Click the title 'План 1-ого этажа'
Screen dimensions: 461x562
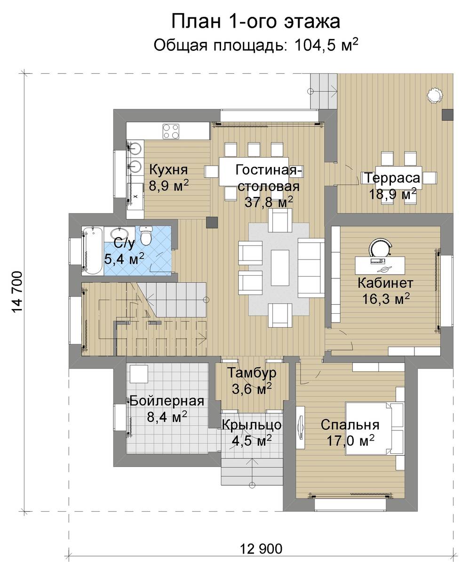click(x=255, y=22)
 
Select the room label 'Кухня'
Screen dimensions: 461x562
click(x=168, y=169)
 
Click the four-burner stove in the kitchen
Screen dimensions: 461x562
click(x=171, y=131)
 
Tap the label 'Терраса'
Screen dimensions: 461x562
click(x=392, y=178)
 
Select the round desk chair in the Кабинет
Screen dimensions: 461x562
click(x=381, y=248)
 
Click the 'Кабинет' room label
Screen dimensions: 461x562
click(x=385, y=283)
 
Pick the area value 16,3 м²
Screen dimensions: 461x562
click(x=386, y=299)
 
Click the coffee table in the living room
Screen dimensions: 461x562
click(x=280, y=268)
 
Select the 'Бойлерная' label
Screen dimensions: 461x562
click(x=167, y=400)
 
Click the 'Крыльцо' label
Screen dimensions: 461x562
click(x=252, y=425)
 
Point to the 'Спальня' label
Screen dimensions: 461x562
click(x=350, y=425)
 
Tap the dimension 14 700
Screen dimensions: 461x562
click(x=17, y=292)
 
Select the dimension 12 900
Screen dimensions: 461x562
click(x=261, y=548)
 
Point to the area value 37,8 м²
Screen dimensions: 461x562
click(x=269, y=202)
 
